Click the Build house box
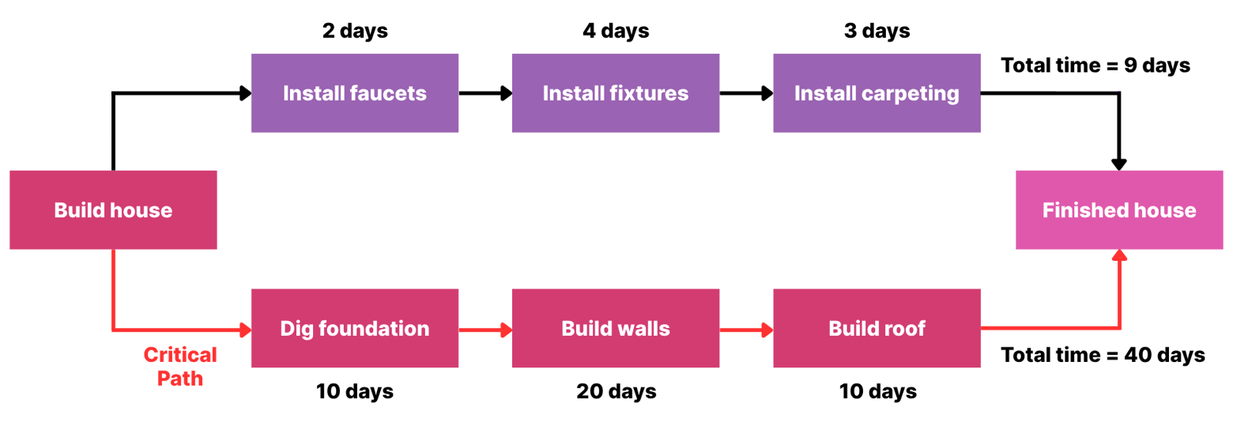pos(113,210)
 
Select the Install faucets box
pos(354,93)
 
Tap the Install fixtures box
pos(615,93)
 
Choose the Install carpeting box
pos(877,93)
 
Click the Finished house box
pos(1118,210)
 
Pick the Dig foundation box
pos(354,328)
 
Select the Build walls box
pos(615,328)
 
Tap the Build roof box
pos(877,328)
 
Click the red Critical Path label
pos(180,366)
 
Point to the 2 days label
pos(354,32)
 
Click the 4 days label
pos(615,32)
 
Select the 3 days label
pos(877,32)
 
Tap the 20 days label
pos(615,391)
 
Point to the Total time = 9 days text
pos(1095,66)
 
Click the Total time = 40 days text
pos(1103,356)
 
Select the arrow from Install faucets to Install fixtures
pos(485,93)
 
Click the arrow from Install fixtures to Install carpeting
pos(746,93)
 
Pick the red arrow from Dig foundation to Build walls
pos(485,328)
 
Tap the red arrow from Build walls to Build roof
pos(746,328)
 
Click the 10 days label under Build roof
pos(877,391)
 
